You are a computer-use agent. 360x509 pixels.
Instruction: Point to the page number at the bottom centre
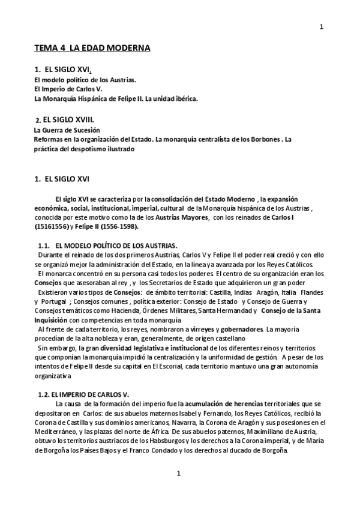(x=178, y=474)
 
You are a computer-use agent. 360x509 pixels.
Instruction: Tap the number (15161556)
(x=52, y=226)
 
